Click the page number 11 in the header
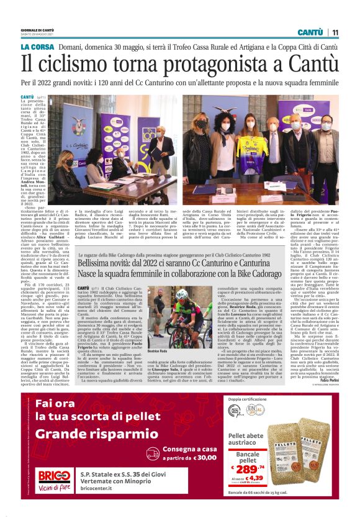click(x=335, y=32)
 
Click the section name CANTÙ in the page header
click(x=310, y=32)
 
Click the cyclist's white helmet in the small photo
click(x=182, y=294)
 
